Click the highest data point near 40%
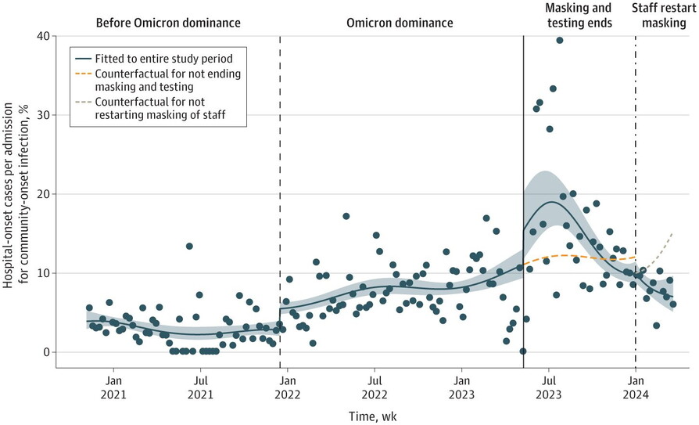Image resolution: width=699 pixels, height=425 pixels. [560, 41]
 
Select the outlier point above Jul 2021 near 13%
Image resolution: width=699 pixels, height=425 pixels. [189, 247]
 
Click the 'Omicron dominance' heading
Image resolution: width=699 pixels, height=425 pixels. [400, 23]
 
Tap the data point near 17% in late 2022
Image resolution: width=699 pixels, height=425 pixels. [346, 217]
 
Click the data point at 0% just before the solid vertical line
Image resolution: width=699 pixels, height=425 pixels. [522, 351]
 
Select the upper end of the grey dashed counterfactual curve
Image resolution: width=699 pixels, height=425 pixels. [672, 233]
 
